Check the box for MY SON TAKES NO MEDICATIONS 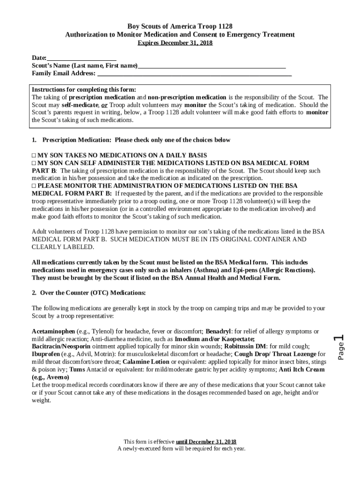point(34,155)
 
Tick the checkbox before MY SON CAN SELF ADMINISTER point(34,163)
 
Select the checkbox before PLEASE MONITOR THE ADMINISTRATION point(34,186)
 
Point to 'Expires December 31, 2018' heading point(175,43)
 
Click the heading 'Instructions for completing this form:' point(84,90)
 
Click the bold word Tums point(77,369)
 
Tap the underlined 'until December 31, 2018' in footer point(206,442)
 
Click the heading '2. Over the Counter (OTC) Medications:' point(89,293)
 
